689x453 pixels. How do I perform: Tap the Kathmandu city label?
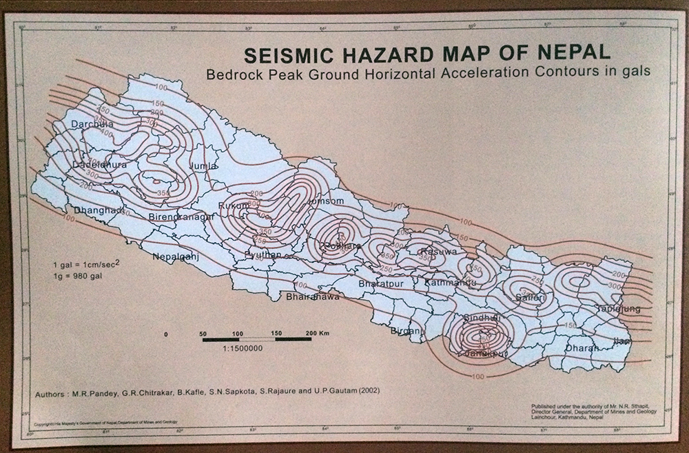click(x=451, y=283)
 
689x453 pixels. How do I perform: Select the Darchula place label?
click(x=93, y=125)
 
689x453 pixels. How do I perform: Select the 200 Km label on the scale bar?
click(x=318, y=333)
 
